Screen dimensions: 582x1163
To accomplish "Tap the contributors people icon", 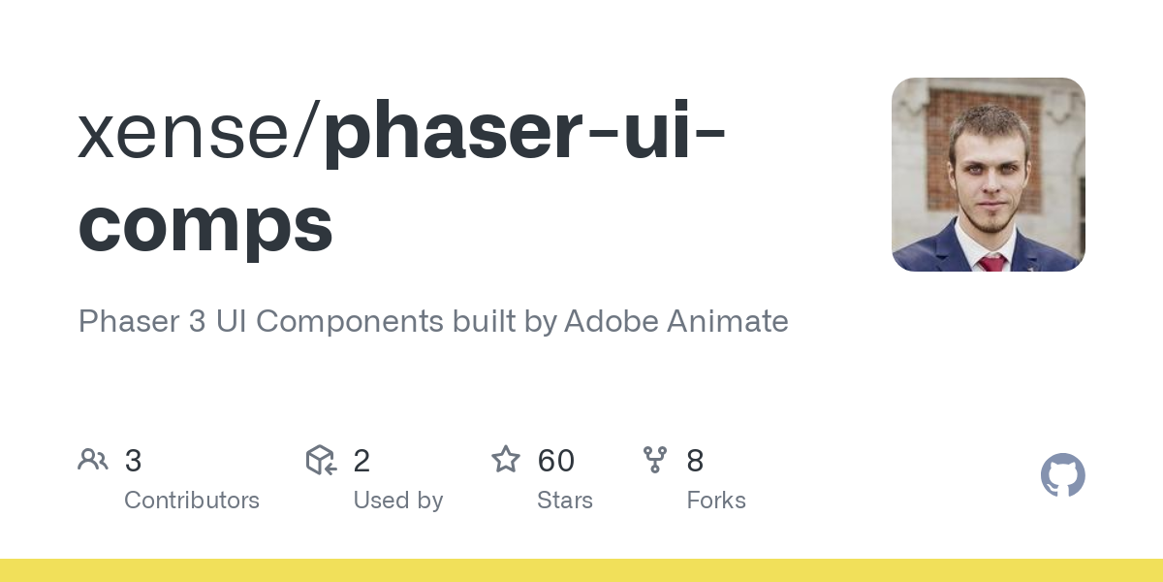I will [93, 460].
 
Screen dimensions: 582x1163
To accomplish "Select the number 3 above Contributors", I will [134, 461].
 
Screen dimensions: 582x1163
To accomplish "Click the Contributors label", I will [192, 501].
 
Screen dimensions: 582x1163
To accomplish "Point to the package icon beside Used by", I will [321, 460].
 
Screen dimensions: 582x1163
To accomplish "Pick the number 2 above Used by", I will [361, 461].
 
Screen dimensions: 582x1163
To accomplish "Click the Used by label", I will [397, 501].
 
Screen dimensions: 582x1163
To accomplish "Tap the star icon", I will [506, 460].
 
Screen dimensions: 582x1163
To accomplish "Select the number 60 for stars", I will [556, 461].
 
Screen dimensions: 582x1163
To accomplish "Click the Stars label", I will [565, 501].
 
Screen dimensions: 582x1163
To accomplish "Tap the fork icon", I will [655, 460].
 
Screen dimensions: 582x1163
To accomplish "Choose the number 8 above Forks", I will [695, 461].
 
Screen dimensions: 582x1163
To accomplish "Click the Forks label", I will [716, 501].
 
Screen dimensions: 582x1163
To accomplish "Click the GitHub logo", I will [1062, 475].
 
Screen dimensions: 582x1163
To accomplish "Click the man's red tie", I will [991, 263].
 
